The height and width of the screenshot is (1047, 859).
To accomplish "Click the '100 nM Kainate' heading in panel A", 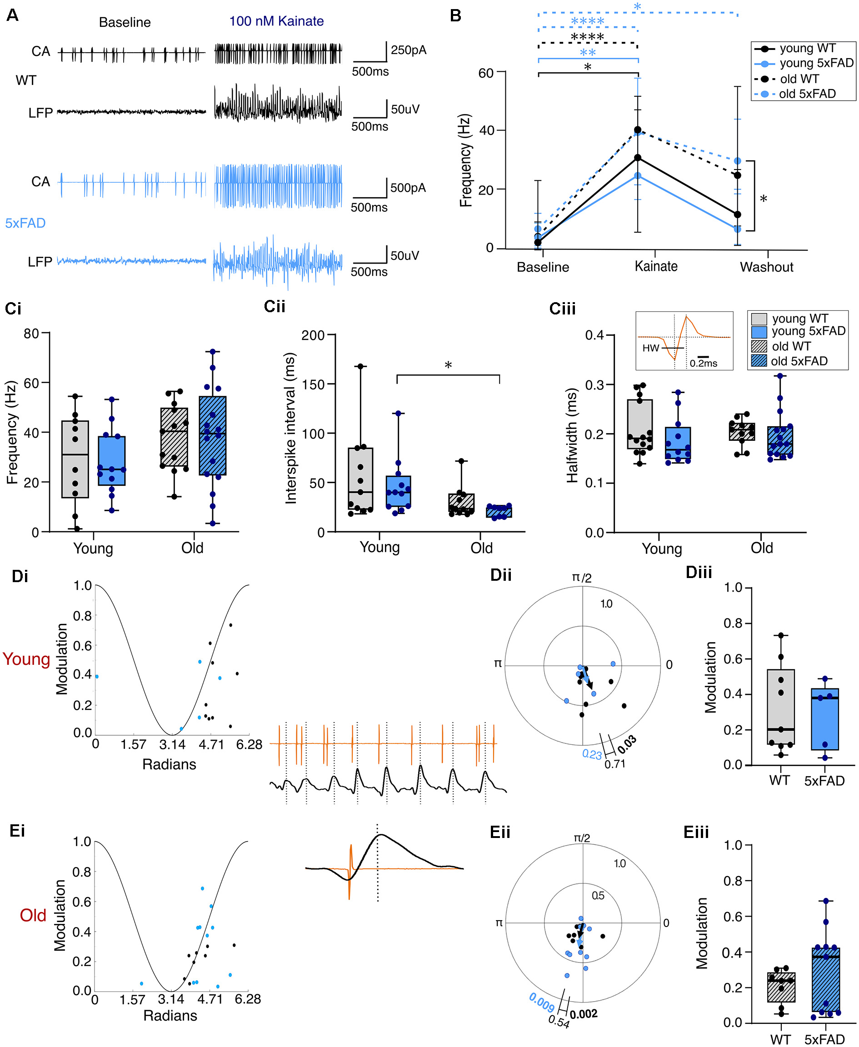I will click(276, 21).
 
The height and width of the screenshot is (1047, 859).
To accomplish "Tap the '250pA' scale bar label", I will click(408, 50).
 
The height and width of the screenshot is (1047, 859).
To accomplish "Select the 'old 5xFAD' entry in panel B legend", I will click(807, 94).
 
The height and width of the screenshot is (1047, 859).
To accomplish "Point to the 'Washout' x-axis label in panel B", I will click(766, 267).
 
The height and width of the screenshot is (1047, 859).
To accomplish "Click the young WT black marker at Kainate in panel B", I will click(638, 158).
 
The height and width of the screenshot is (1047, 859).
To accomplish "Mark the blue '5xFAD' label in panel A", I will click(25, 223).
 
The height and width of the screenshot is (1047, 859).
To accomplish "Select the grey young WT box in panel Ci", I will click(75, 459).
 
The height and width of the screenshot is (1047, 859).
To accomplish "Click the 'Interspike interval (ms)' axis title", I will click(290, 428).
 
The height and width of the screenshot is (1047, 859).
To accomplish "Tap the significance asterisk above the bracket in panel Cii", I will click(448, 366).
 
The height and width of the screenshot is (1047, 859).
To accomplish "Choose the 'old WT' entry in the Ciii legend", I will click(791, 346).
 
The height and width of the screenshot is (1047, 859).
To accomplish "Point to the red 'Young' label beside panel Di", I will click(26, 659).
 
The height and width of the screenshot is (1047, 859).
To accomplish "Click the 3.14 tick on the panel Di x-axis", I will click(172, 744).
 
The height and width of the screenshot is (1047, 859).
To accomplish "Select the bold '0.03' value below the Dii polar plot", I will click(627, 744).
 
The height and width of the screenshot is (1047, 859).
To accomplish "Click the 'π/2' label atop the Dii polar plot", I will click(581, 578).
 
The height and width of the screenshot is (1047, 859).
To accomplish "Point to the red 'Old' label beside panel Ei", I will click(33, 915).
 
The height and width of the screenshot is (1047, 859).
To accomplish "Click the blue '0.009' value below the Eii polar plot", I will click(541, 1002).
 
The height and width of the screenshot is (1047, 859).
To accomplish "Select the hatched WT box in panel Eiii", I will click(781, 987).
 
